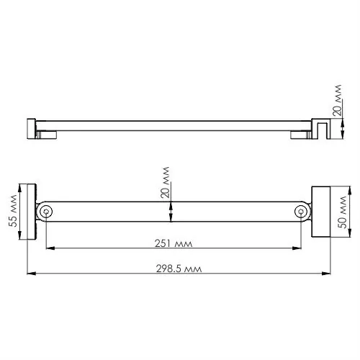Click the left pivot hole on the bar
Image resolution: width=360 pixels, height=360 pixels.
coord(46,212)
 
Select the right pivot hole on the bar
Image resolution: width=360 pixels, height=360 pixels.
coord(301,212)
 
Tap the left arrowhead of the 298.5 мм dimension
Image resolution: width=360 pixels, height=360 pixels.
coord(29,274)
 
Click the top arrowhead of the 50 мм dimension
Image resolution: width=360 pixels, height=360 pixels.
coord(333,189)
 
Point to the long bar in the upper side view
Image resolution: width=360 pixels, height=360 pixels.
coord(173,125)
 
